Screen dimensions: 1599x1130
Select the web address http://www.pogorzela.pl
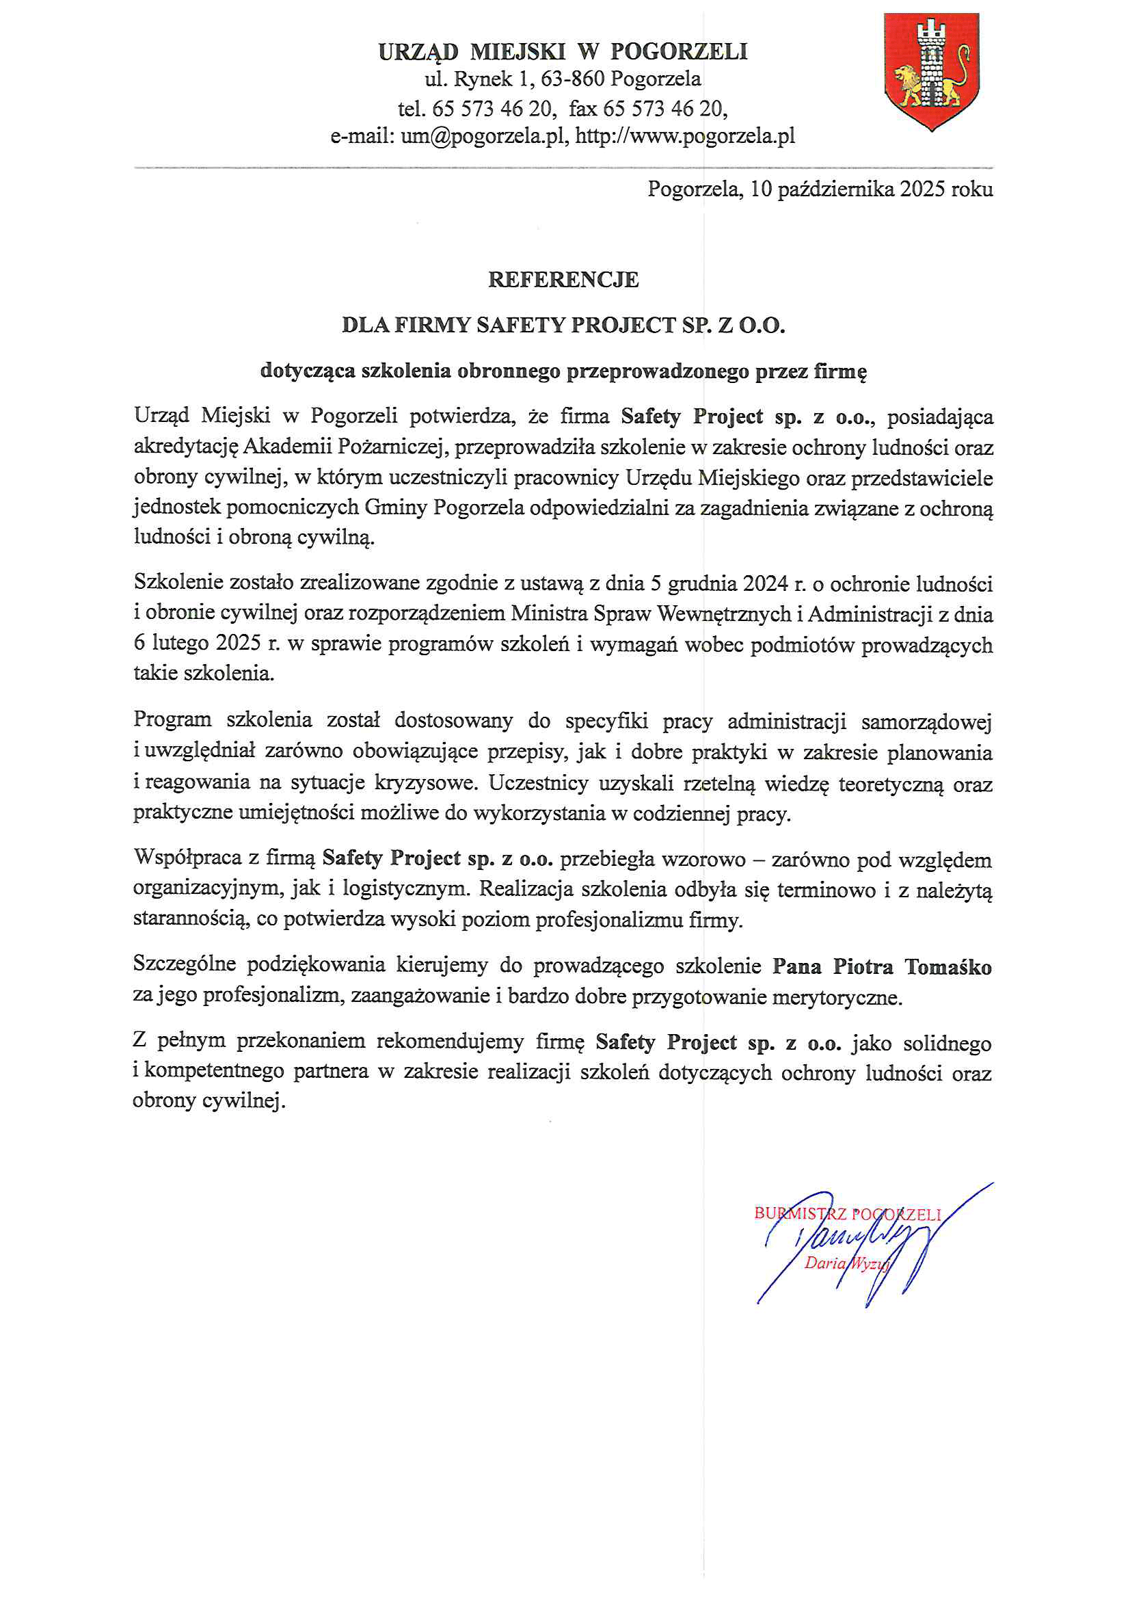(x=685, y=136)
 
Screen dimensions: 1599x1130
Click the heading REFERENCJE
(x=563, y=280)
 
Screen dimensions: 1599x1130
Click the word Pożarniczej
(x=390, y=447)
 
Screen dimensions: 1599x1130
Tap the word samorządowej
(x=926, y=722)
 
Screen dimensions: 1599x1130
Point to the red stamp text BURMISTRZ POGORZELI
(x=846, y=1214)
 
